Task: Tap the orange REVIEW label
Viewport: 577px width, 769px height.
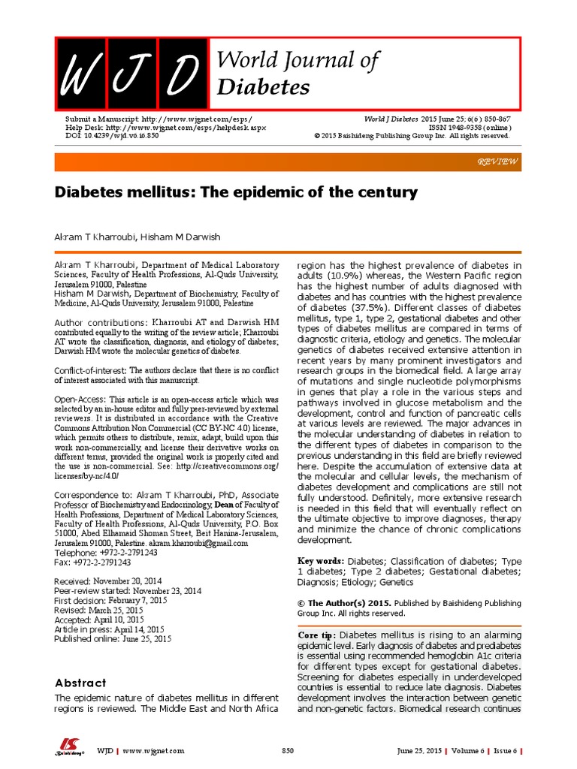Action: (497, 162)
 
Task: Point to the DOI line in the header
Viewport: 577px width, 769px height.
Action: (112, 136)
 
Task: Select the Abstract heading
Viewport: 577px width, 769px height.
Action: (80, 683)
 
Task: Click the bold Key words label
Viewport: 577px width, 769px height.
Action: (322, 561)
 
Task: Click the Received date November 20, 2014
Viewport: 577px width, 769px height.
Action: (107, 582)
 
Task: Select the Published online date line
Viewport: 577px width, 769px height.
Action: (113, 639)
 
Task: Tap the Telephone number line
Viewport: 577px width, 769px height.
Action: (106, 552)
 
